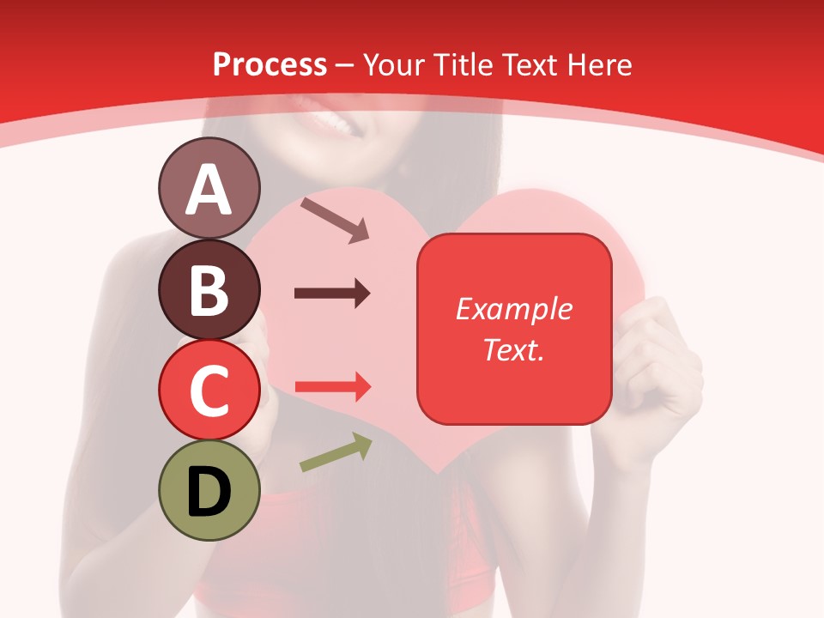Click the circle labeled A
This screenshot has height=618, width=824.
coord(209,189)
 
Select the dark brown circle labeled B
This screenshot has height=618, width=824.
coord(209,289)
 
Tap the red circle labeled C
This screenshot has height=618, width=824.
coord(209,390)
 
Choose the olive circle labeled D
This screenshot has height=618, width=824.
coord(209,490)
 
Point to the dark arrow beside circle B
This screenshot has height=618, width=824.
coord(332,294)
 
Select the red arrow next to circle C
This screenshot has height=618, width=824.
coord(333,387)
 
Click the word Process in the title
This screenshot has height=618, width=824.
coord(270,64)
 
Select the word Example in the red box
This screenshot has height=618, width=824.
coord(513,309)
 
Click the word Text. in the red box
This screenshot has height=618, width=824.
coord(513,349)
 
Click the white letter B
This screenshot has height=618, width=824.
coord(209,290)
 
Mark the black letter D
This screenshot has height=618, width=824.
coord(209,492)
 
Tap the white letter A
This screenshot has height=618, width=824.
coord(209,190)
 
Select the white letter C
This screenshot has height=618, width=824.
coord(209,391)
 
